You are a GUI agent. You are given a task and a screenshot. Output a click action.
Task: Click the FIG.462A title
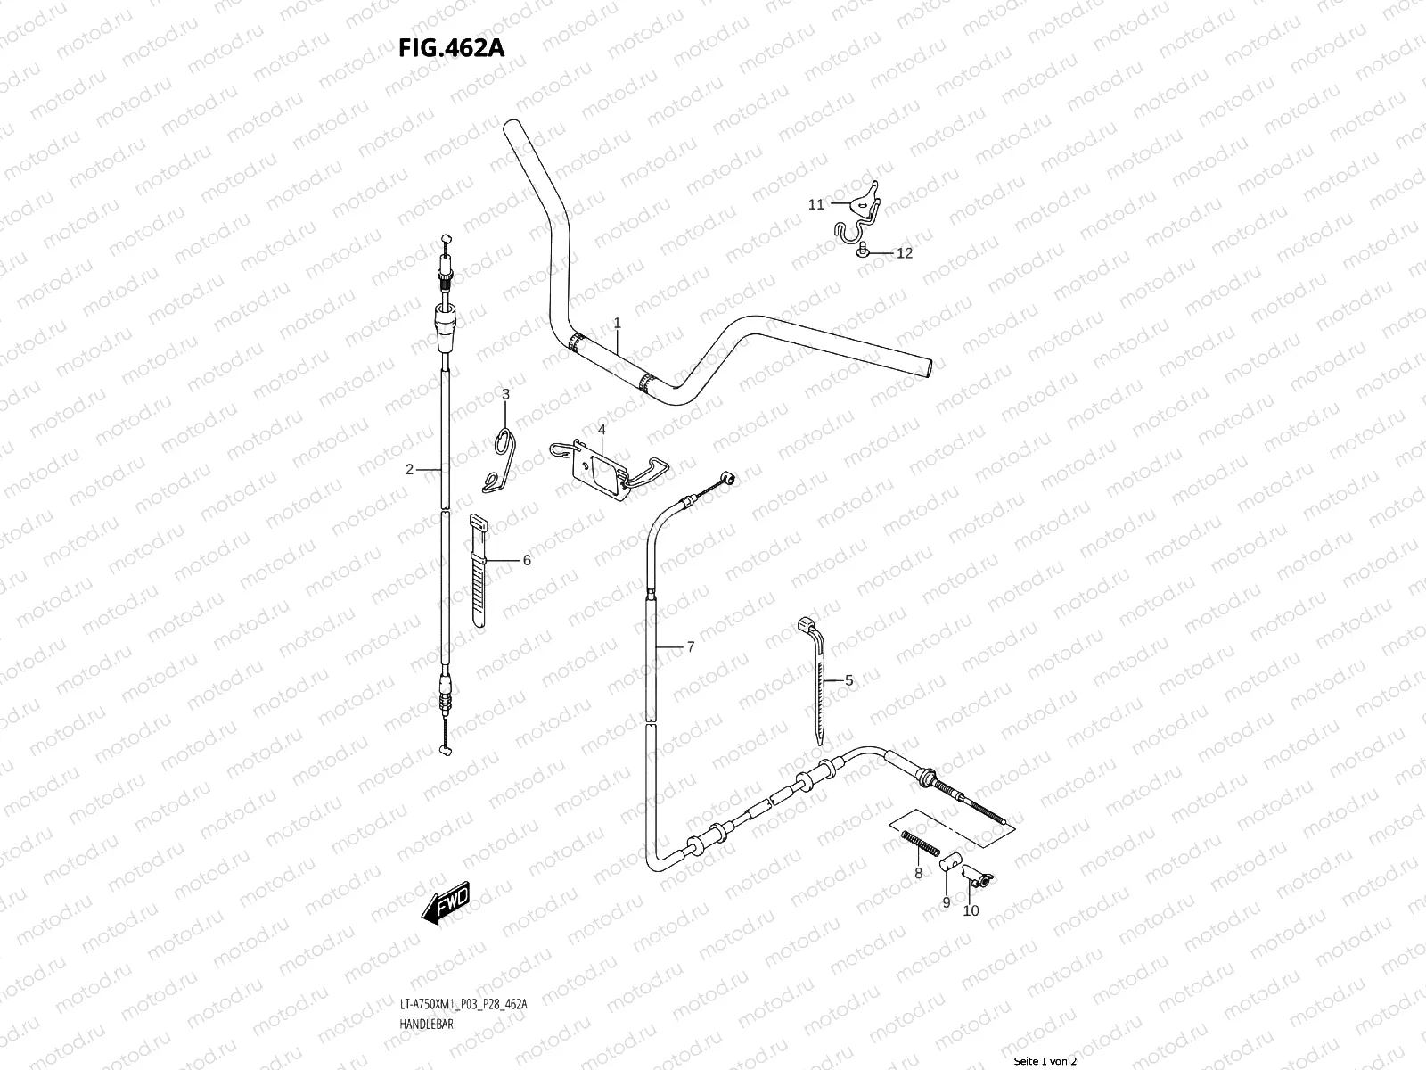452,47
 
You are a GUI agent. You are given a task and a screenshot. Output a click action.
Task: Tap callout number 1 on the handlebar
616,321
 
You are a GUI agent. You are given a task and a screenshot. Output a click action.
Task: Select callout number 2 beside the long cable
410,469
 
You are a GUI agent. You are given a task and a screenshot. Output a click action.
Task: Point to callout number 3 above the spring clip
505,394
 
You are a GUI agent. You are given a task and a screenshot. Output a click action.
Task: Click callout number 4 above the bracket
602,430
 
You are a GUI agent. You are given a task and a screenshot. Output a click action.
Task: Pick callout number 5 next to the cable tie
848,680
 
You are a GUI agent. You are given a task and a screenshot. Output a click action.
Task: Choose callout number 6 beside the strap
527,560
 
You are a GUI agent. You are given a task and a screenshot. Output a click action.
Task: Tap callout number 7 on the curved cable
690,647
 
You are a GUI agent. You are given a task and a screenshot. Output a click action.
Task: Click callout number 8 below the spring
918,874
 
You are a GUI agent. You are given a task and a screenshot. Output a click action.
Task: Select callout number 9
947,902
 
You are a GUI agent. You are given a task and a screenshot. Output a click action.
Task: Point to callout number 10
971,911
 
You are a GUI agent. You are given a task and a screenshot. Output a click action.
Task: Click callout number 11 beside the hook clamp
816,204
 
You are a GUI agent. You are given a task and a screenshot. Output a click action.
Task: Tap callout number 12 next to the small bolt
905,253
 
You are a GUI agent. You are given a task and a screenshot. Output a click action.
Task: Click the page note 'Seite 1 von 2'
1045,1061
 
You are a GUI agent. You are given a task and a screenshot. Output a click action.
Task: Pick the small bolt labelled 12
863,253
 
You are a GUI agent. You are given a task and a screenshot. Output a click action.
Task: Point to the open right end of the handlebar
931,366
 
